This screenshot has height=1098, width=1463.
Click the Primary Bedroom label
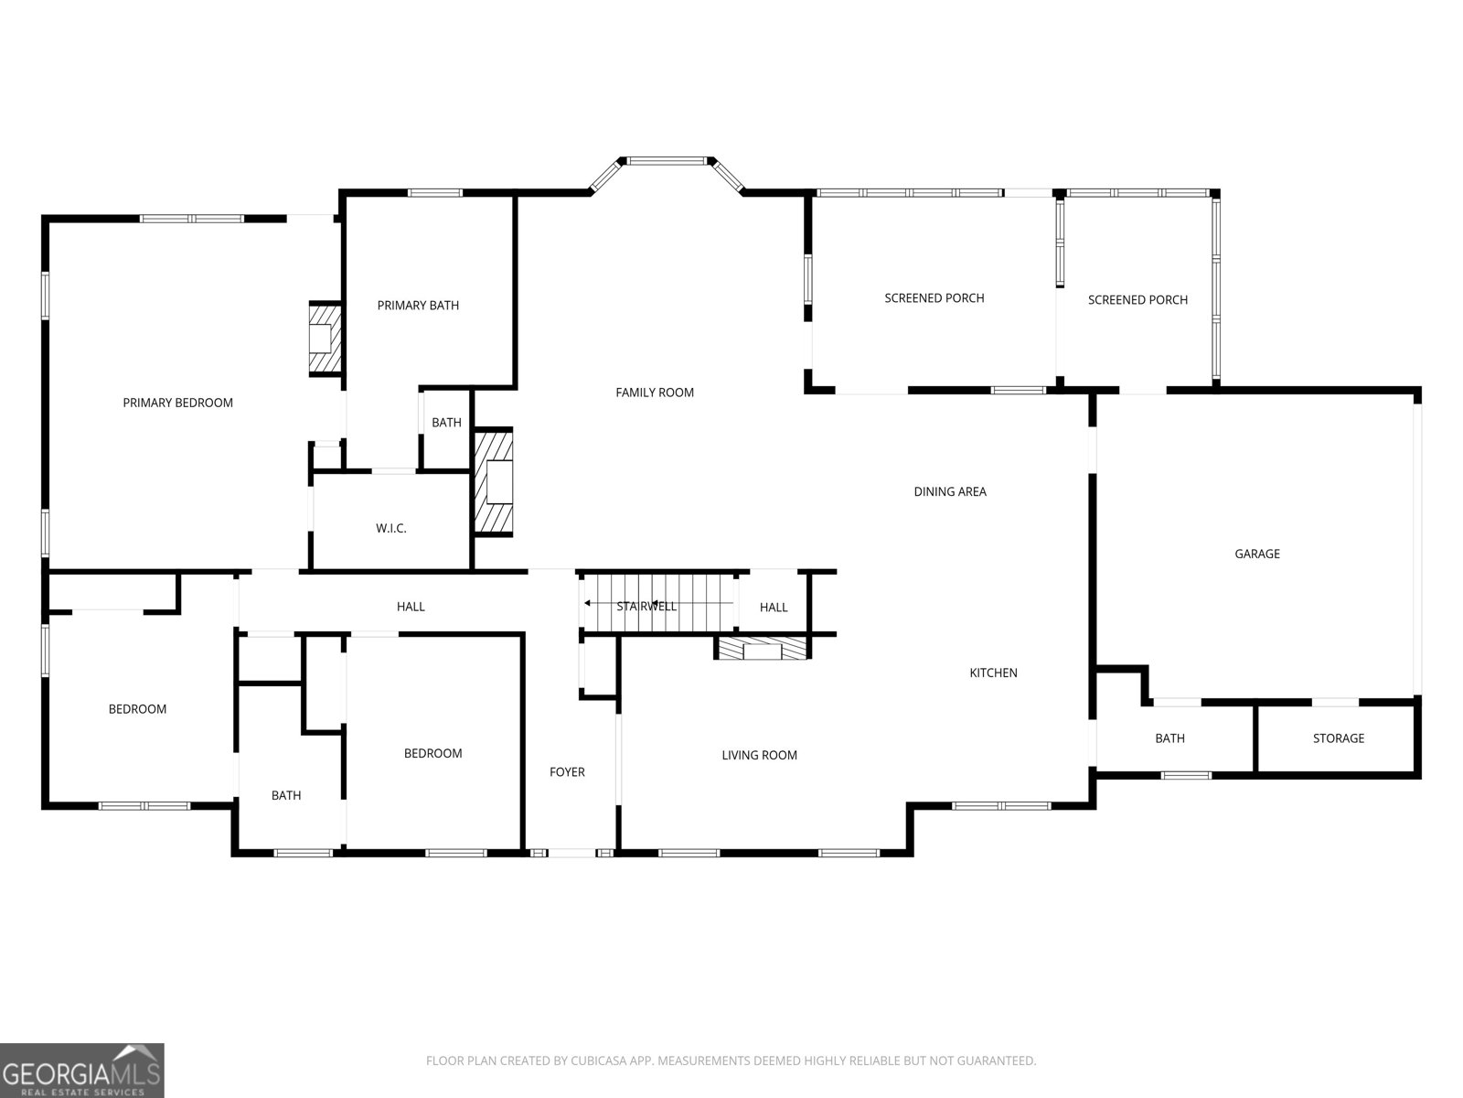click(x=178, y=403)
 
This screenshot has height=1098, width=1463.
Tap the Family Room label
click(x=655, y=393)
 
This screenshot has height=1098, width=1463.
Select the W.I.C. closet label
click(x=391, y=528)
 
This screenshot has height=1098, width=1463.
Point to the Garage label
click(x=1257, y=554)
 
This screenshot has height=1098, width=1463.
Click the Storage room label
click(x=1339, y=738)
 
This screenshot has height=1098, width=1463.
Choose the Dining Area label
click(x=950, y=491)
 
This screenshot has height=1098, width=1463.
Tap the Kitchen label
click(x=993, y=673)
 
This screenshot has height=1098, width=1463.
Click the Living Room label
click(x=759, y=755)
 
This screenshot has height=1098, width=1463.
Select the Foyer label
click(x=567, y=771)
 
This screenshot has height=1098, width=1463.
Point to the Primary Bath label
click(x=418, y=306)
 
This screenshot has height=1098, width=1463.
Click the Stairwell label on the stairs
click(x=646, y=606)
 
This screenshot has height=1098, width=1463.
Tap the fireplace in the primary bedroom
click(x=326, y=339)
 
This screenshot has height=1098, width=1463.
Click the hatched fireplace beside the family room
click(x=493, y=482)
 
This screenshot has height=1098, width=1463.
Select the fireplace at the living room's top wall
click(x=763, y=648)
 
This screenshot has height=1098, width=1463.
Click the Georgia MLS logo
click(x=82, y=1070)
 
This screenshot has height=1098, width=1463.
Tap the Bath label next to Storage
click(x=1169, y=738)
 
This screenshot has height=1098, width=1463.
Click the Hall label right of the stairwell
click(x=774, y=608)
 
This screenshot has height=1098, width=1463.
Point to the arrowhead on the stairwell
click(x=587, y=603)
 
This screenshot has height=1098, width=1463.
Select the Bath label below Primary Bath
click(x=446, y=422)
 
